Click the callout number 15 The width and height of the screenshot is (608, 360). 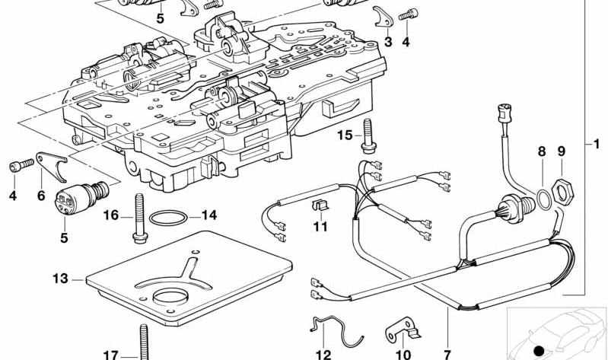345,135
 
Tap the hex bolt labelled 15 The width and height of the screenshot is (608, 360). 370,139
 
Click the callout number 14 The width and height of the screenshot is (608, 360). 209,215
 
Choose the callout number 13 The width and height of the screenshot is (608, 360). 61,278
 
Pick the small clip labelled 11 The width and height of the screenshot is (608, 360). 320,206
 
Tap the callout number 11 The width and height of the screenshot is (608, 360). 320,226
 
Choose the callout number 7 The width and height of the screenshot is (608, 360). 447,354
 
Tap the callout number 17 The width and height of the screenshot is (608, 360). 110,354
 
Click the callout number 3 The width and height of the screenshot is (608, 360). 388,43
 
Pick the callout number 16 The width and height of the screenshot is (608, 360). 110,215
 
